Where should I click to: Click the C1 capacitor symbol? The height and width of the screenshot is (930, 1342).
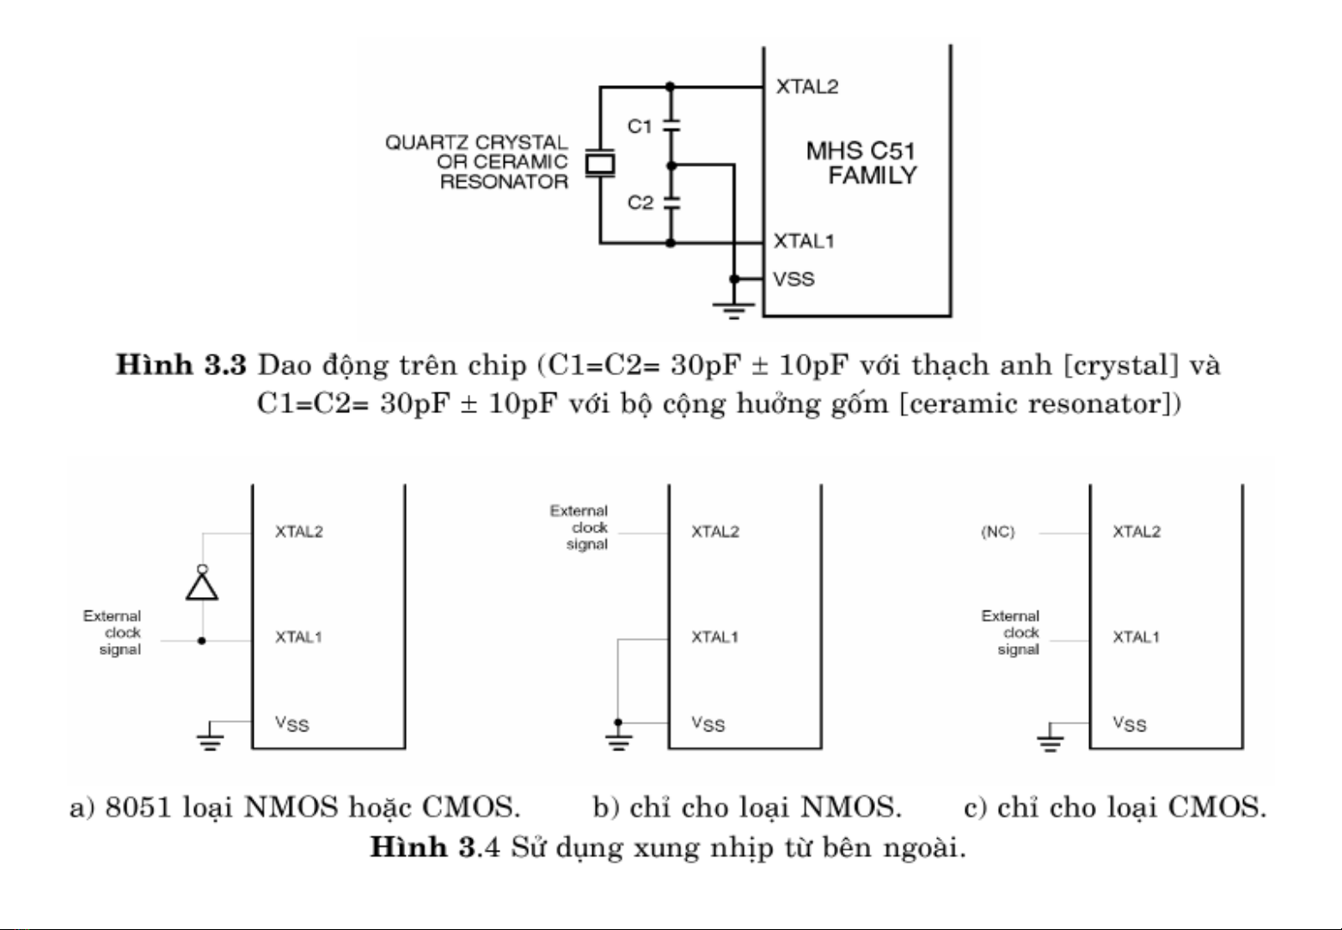[671, 126]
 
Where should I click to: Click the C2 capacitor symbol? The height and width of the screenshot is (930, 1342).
[671, 203]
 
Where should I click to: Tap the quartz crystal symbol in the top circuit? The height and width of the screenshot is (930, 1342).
[600, 163]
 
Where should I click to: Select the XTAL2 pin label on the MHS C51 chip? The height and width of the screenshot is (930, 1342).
[807, 87]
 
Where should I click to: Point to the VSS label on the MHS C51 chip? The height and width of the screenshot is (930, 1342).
[794, 280]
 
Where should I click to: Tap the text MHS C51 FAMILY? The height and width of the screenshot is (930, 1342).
[861, 163]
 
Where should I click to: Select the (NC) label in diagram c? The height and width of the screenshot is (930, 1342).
[998, 532]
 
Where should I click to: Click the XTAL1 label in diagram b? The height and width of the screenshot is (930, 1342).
[714, 637]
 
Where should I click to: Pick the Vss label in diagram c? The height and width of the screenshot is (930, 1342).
[1130, 724]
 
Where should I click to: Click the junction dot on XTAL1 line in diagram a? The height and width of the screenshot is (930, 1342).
[202, 641]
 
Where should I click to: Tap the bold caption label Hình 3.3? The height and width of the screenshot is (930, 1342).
[181, 365]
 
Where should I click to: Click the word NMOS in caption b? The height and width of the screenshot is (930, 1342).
[851, 807]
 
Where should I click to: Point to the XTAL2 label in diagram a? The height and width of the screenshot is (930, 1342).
[298, 532]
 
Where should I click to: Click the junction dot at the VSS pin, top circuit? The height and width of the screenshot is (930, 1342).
[734, 279]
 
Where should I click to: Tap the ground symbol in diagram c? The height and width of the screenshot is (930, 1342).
[1051, 742]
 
